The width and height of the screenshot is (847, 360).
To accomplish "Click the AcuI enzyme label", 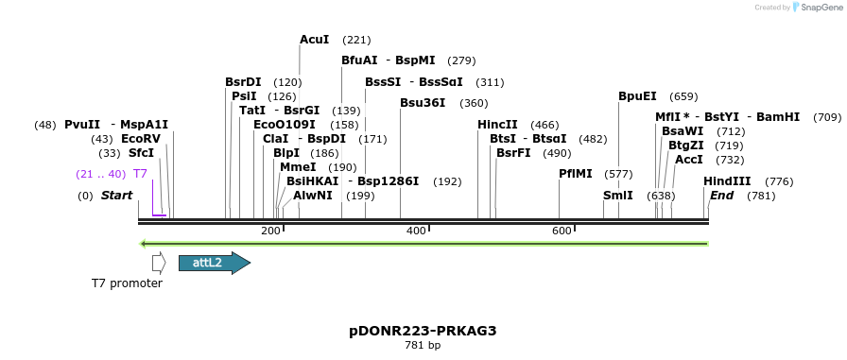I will (314, 40).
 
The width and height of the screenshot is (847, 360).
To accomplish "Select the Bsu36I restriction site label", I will (422, 103).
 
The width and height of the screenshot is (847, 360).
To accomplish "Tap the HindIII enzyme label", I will (727, 181).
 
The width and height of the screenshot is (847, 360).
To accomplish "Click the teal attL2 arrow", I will (214, 263).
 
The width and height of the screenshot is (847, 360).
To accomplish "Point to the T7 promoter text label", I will (127, 283).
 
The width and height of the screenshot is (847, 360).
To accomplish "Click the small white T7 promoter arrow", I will (159, 263).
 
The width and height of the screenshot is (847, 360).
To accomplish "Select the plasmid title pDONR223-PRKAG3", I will (423, 331).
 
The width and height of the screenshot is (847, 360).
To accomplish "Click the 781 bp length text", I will (423, 346).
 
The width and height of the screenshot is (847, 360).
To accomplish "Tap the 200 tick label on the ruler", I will (270, 231).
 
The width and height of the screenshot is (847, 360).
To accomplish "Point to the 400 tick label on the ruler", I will (416, 231).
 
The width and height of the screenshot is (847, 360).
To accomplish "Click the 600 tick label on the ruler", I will (562, 231).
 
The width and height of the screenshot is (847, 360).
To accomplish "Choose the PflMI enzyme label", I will (575, 174).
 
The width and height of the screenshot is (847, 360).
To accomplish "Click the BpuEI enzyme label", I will (637, 96).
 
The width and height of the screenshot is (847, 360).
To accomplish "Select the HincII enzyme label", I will (497, 125).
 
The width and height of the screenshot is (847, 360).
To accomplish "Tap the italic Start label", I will (116, 196).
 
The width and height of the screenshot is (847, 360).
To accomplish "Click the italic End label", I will (721, 196).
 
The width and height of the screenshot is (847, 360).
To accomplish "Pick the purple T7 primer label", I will (140, 174).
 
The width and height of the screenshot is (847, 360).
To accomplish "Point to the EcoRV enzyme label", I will (141, 139).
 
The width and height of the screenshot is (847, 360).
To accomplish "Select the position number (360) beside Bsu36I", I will (474, 103).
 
